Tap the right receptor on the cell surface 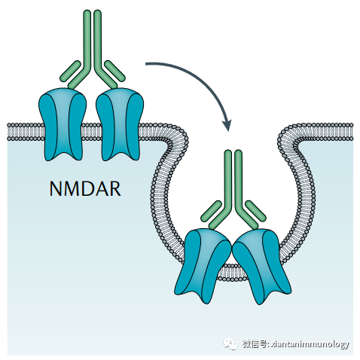coord(120,123)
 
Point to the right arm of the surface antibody coord(113,72)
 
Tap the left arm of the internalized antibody coord(212,212)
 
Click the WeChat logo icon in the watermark coord(229,344)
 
